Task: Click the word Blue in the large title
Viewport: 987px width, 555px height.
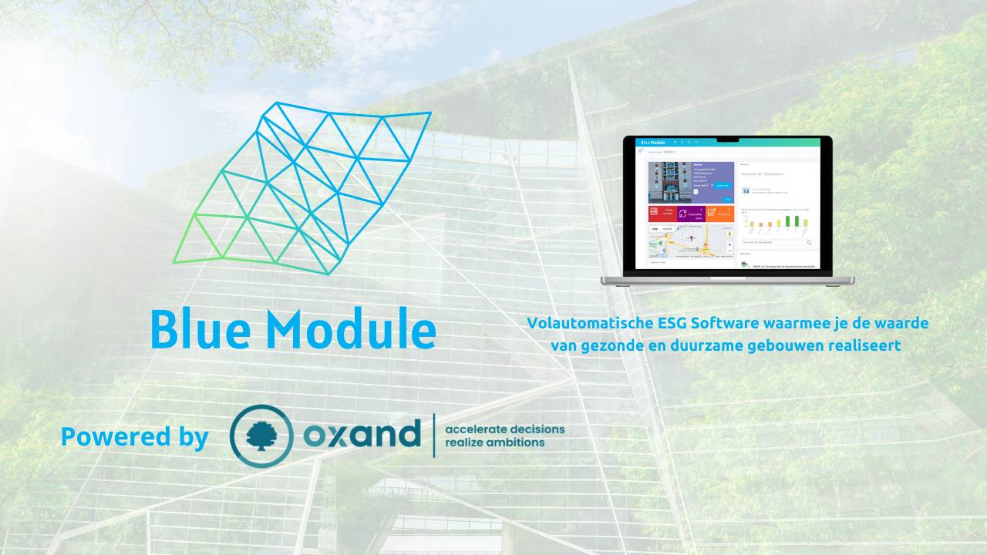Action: click(200, 329)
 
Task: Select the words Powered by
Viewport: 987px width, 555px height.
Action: click(135, 437)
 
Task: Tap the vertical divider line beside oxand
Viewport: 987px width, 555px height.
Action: click(433, 436)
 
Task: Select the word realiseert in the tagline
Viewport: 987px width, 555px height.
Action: click(867, 346)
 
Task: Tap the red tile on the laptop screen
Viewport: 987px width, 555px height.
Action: click(662, 214)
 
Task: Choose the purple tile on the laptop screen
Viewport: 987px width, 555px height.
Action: click(691, 214)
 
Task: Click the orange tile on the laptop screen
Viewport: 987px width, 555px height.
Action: click(719, 214)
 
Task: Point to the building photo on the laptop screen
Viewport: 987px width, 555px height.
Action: click(663, 182)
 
